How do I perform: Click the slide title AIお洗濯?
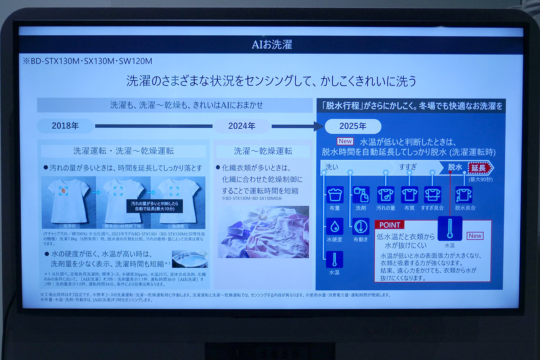(271, 45)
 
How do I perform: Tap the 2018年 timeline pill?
(66, 126)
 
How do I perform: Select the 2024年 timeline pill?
(242, 126)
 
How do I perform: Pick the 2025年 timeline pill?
(353, 126)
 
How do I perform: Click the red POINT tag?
(390, 225)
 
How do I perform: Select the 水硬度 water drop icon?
(335, 226)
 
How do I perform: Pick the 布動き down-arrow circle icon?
(361, 226)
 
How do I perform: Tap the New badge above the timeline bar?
(345, 141)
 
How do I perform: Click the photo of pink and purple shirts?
(263, 232)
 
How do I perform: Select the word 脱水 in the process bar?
(455, 167)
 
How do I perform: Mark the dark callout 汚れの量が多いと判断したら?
(153, 207)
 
